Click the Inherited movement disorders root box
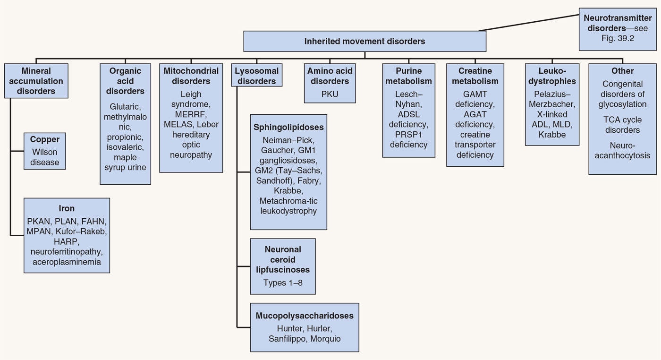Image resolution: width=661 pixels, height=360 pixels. [x=364, y=41]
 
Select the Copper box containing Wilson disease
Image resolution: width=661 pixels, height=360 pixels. [x=45, y=151]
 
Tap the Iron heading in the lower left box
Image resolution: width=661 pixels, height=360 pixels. [x=67, y=208]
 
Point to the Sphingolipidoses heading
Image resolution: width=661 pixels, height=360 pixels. [x=288, y=128]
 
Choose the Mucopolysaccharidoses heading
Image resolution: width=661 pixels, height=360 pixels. [x=305, y=316]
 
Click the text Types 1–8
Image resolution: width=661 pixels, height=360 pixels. [x=283, y=283]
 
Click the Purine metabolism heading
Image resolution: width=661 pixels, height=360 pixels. [x=408, y=76]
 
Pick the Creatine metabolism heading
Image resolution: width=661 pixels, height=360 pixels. [x=475, y=76]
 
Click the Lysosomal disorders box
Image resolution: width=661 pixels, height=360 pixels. [x=257, y=76]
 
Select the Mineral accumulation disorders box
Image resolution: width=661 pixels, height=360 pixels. [x=36, y=81]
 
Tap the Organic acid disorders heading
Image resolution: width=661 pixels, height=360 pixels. [x=126, y=81]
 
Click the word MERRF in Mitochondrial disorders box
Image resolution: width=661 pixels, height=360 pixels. [x=191, y=114]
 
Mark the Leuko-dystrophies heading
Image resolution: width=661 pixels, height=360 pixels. [x=552, y=76]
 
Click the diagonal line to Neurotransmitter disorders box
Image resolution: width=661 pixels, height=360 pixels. [x=529, y=23]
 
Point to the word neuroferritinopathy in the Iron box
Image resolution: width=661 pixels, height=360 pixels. [x=67, y=251]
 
